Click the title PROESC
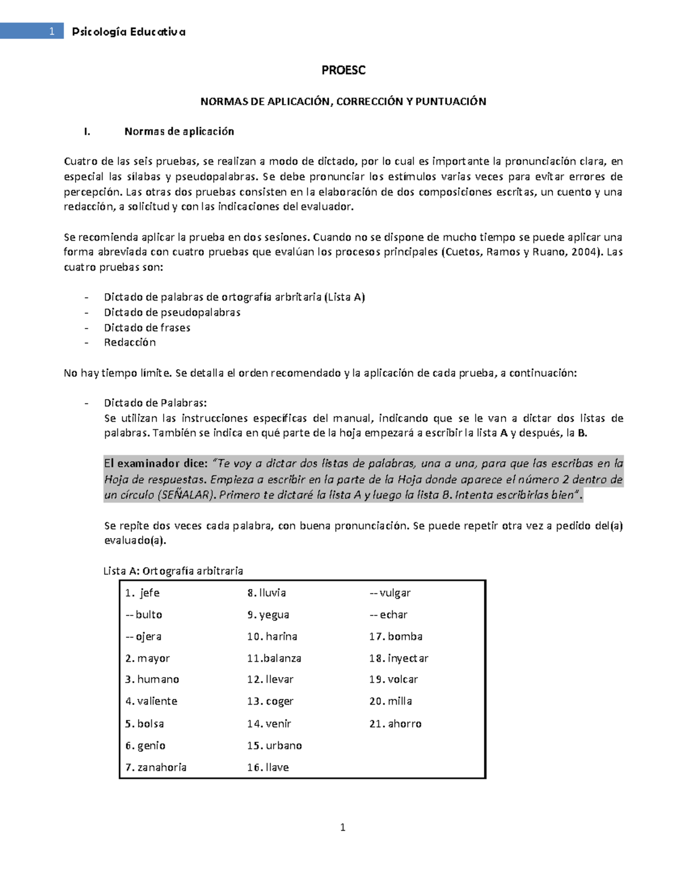[343, 70]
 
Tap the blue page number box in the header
[32, 31]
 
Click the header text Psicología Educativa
[128, 32]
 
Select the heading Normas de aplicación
[179, 132]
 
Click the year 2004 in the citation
[583, 252]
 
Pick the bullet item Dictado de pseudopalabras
[172, 313]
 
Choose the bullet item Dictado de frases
[147, 328]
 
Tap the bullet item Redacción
[129, 342]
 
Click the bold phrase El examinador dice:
[155, 464]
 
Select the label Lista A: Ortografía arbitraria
[173, 571]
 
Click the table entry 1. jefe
[143, 593]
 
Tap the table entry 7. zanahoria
[156, 768]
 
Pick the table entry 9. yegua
[268, 615]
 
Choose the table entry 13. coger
[270, 702]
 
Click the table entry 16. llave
[268, 768]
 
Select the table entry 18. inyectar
[398, 658]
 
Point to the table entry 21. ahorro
[395, 724]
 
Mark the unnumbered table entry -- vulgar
[390, 593]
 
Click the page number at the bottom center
[343, 827]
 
